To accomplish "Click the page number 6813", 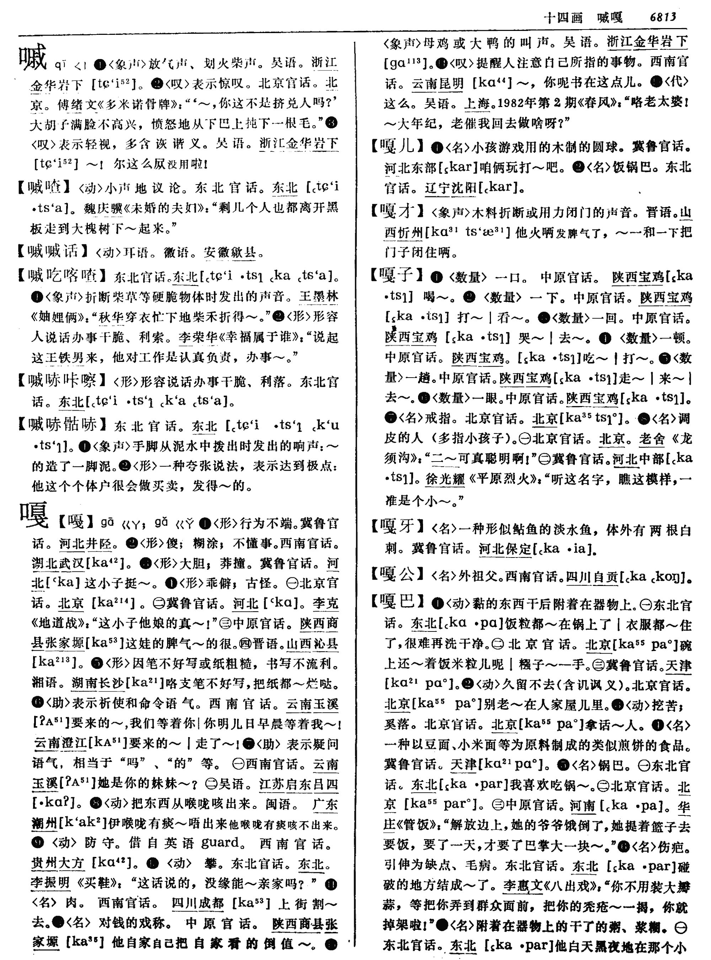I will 663,17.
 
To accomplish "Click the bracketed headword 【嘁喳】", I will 43,188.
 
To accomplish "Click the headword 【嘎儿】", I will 398,147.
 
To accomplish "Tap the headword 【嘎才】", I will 398,211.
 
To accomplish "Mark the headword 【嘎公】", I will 398,574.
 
